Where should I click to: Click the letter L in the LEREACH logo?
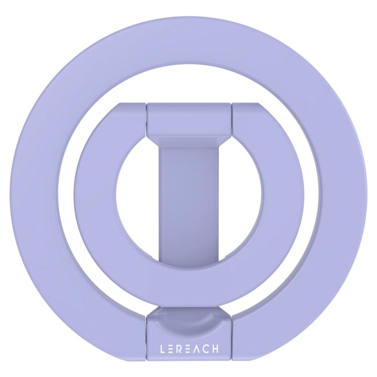pyautogui.click(x=163, y=349)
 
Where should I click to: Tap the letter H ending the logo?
pyautogui.click(x=215, y=349)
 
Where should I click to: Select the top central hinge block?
pyautogui.click(x=189, y=119)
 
